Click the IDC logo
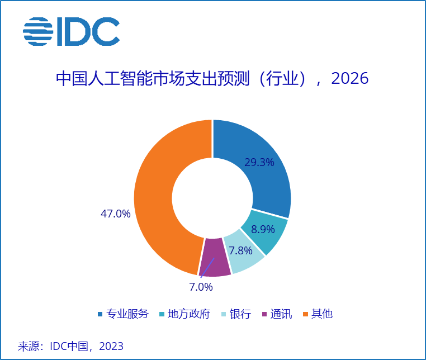pyautogui.click(x=71, y=31)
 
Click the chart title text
pyautogui.click(x=212, y=79)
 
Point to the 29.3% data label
pyautogui.click(x=259, y=163)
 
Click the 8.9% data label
pyautogui.click(x=263, y=229)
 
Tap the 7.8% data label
pyautogui.click(x=240, y=250)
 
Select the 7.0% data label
pyautogui.click(x=201, y=287)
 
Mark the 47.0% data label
pyautogui.click(x=115, y=214)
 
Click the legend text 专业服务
pyautogui.click(x=128, y=314)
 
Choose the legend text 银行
pyautogui.click(x=240, y=314)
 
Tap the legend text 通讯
pyautogui.click(x=281, y=314)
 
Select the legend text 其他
pyautogui.click(x=322, y=314)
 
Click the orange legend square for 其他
pyautogui.click(x=305, y=314)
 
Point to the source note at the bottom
pyautogui.click(x=70, y=346)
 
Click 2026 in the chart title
pyautogui.click(x=350, y=79)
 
